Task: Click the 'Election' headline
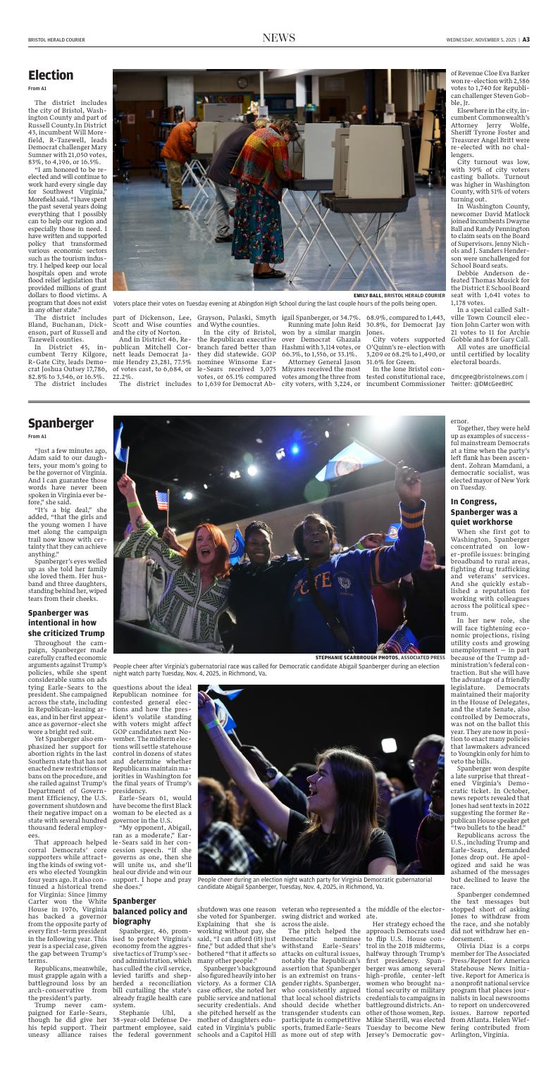(51, 75)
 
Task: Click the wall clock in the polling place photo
(242, 82)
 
